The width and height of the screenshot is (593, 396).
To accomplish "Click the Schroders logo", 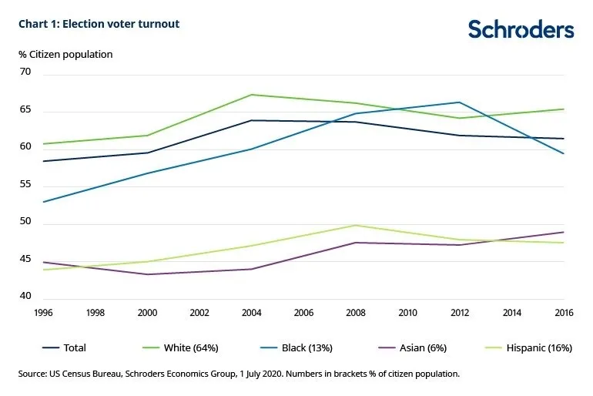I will coord(521,29).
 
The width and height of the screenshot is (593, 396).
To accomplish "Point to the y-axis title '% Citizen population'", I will coord(65,54).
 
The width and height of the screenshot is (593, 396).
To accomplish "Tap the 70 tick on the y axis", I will coord(25,72).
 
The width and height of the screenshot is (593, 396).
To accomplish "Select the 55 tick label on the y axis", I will coord(25,186).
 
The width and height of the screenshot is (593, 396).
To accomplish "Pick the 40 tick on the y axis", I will coord(25,297).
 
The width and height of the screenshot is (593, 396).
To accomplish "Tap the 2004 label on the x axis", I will coord(250,314).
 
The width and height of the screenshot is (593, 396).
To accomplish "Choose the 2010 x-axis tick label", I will coord(407,314).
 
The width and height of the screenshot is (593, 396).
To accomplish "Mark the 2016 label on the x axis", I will coord(564,314).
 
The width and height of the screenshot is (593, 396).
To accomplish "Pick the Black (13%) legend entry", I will coord(306,347).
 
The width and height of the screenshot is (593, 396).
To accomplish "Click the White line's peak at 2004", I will coord(251,95).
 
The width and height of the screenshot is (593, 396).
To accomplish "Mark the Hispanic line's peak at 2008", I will coord(356,225).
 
